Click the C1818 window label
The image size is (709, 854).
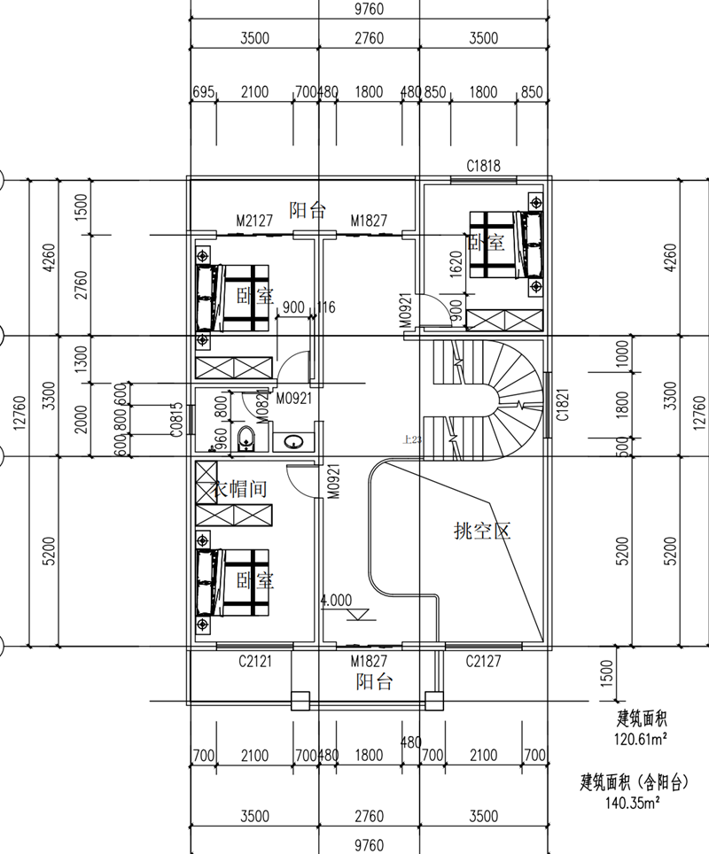click(484, 166)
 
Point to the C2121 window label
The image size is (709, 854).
click(254, 661)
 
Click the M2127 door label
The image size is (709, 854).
click(253, 220)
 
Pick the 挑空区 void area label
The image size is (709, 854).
click(482, 532)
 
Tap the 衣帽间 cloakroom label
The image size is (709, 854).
click(241, 488)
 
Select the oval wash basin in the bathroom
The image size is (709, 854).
click(292, 440)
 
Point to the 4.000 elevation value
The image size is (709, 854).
click(337, 600)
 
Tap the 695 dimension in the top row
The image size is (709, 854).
click(203, 92)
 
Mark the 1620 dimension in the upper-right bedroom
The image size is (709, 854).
click(456, 263)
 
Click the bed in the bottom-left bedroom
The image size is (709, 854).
click(233, 582)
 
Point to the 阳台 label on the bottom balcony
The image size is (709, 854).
click(375, 682)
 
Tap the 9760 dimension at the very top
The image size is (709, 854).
click(370, 9)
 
